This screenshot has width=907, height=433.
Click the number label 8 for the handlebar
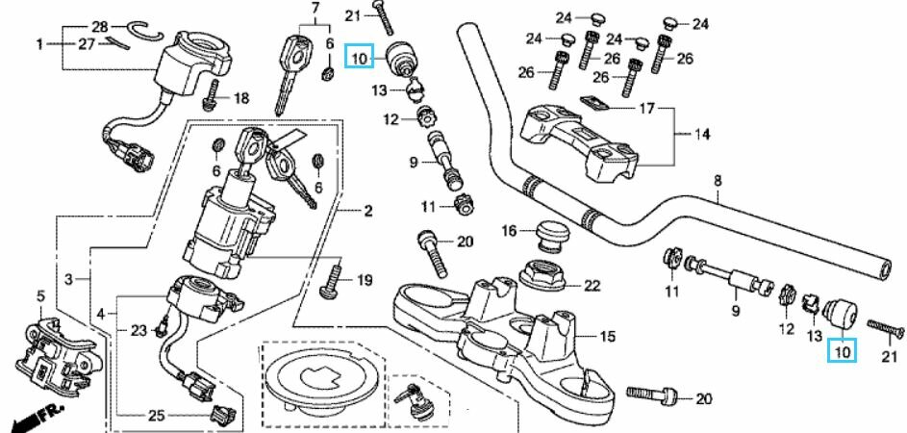[x=717, y=181]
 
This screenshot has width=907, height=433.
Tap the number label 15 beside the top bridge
[x=607, y=336]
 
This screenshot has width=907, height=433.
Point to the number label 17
[x=645, y=109]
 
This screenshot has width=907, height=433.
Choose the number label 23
[x=139, y=330]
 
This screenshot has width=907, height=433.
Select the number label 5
[x=40, y=294]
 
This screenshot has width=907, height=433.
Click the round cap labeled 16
[x=550, y=232]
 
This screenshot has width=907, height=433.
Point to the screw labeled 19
[x=333, y=279]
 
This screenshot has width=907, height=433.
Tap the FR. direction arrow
[x=31, y=420]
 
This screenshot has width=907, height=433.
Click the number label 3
[x=68, y=279]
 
